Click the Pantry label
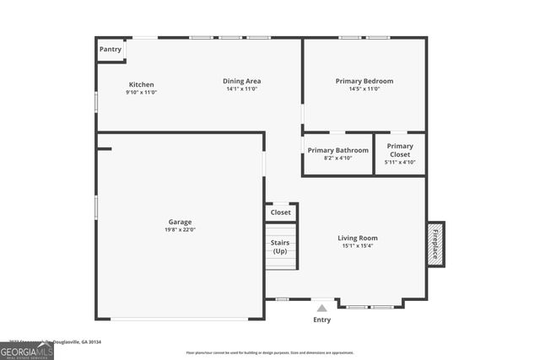coord(111,50)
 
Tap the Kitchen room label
coord(141,84)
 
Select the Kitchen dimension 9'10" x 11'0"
coord(141,92)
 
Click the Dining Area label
coord(241,81)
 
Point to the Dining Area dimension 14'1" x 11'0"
coord(241,89)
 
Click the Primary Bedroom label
coord(364,81)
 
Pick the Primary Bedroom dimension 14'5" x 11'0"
coord(364,89)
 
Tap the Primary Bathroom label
coord(337,150)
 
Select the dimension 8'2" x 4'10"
coord(337,158)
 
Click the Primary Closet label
coord(400,150)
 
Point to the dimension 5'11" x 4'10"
coord(400,162)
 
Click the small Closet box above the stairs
coord(281,212)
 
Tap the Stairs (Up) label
coord(280,246)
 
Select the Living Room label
coord(358,238)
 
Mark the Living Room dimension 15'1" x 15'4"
coord(358,246)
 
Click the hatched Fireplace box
coord(435,244)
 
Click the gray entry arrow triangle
coord(321,309)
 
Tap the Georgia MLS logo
coord(27,352)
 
